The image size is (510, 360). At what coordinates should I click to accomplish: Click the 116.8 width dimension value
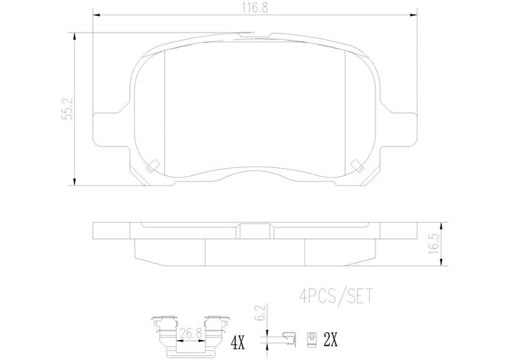[x=255, y=8]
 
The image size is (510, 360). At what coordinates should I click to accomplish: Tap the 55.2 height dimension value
[x=68, y=108]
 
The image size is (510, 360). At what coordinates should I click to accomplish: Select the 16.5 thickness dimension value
[x=433, y=243]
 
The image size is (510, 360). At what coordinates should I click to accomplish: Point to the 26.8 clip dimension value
[x=190, y=334]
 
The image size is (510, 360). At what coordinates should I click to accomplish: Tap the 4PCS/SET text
[x=335, y=296]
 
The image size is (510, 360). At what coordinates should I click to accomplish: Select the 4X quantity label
[x=237, y=342]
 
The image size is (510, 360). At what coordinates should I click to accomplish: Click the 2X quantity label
[x=331, y=340]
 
